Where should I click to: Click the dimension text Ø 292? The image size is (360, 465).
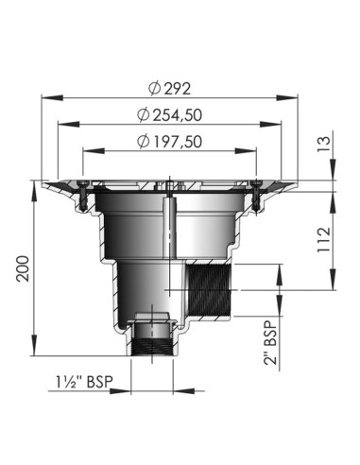(x=170, y=89)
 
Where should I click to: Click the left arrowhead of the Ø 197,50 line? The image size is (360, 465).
(x=85, y=148)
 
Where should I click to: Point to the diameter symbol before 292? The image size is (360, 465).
(x=153, y=89)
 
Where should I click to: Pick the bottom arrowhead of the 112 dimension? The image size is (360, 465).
(x=333, y=285)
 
